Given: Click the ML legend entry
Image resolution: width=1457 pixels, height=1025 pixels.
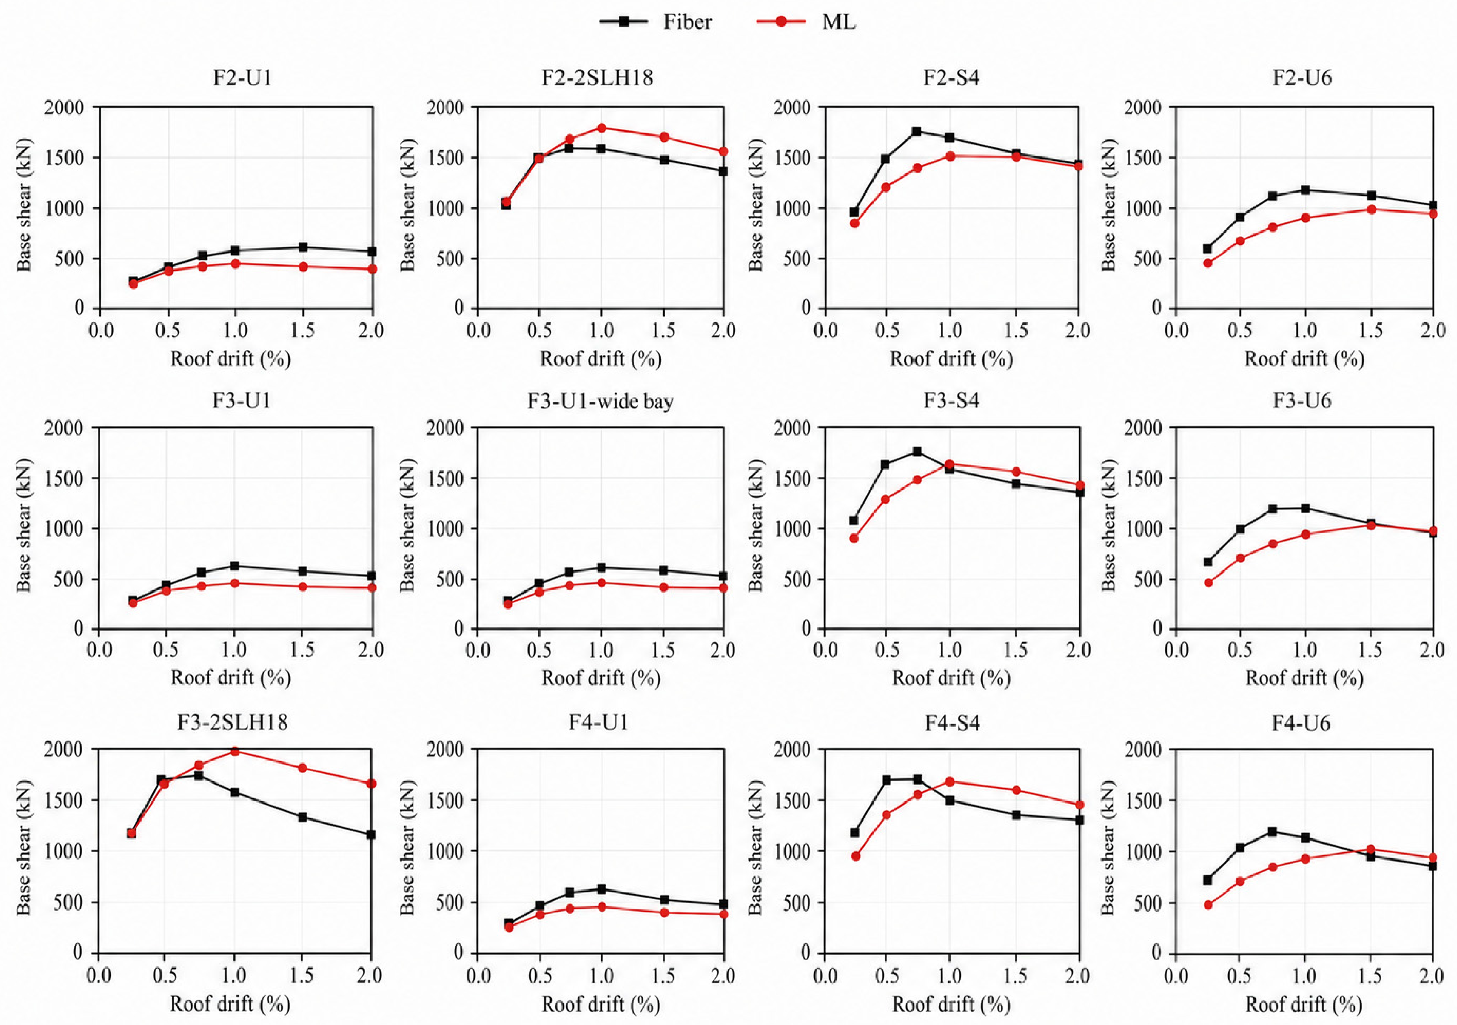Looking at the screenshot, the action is [x=806, y=22].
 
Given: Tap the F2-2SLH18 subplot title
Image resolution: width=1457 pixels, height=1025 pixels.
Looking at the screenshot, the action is [x=597, y=77].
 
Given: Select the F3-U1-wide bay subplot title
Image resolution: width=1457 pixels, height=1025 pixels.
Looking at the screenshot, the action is [x=600, y=401].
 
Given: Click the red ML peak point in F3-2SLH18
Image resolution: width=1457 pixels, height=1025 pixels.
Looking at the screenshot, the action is [x=235, y=751].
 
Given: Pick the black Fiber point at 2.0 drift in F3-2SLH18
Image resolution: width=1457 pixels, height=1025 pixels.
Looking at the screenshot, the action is [x=371, y=835].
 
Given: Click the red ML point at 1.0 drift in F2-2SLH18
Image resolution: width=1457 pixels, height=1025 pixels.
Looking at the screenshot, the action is [x=602, y=127].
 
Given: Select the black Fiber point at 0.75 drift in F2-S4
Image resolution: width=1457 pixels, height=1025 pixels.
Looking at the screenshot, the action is [x=916, y=131].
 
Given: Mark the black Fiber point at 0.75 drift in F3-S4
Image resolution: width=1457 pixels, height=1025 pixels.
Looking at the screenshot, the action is [x=917, y=452].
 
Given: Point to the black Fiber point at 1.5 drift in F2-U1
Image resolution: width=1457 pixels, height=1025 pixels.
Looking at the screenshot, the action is [x=303, y=247].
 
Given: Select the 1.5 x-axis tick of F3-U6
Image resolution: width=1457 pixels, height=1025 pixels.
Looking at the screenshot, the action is [x=1369, y=650].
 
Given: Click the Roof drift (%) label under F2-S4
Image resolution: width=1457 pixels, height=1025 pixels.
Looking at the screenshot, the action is [x=951, y=359].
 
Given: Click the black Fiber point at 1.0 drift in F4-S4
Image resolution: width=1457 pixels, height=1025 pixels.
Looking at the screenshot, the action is [x=950, y=801].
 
